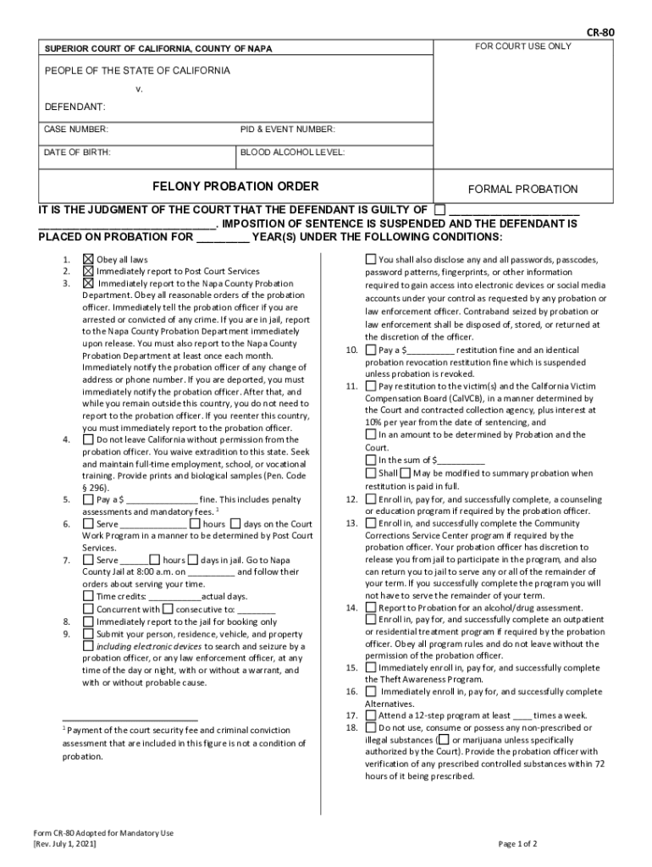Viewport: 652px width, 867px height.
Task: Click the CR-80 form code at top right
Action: coord(600,32)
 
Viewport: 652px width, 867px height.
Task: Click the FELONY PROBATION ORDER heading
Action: coord(235,185)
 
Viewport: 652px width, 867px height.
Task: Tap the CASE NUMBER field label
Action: coord(76,130)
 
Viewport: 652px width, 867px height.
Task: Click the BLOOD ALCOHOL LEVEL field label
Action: coord(292,153)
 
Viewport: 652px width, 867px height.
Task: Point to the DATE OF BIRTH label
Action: coord(77,153)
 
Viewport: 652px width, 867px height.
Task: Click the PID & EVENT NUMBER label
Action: coord(288,130)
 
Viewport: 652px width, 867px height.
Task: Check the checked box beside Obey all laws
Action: coord(88,259)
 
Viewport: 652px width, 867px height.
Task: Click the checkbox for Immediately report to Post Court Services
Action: coord(88,271)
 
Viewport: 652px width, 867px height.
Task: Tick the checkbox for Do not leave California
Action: coord(88,439)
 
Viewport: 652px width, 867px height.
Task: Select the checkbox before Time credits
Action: coord(88,596)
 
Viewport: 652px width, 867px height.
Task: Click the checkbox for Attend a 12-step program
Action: coord(371,715)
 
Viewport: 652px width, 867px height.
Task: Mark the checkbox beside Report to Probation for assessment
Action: coord(371,607)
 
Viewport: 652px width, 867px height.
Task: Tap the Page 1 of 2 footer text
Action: coord(517,844)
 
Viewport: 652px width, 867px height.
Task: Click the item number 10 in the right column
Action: coord(351,350)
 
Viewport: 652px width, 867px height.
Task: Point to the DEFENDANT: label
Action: coord(75,107)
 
